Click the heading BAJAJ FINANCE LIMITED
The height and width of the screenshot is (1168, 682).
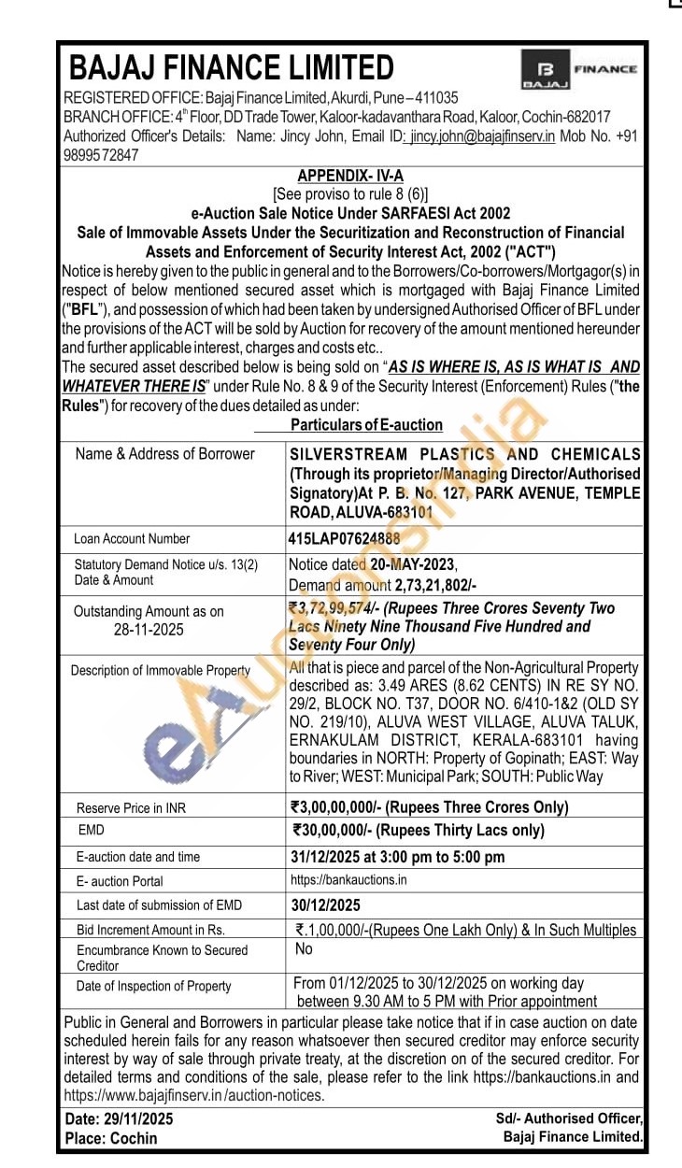point(232,67)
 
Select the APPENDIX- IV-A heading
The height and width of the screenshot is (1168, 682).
point(350,177)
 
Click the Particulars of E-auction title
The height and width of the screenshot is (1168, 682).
point(366,425)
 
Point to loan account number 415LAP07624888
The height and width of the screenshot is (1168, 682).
point(345,538)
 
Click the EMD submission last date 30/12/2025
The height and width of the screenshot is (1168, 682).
point(326,904)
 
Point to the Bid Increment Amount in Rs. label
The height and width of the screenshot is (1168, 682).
point(150,930)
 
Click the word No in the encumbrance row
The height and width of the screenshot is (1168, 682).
point(304,949)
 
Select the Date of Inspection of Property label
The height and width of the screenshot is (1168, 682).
point(153,986)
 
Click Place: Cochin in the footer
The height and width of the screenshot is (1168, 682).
point(111,1138)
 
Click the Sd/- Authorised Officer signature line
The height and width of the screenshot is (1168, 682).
point(569,1118)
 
